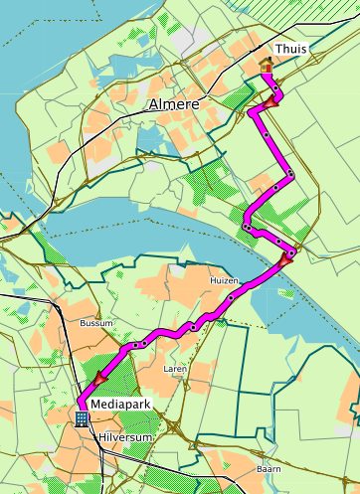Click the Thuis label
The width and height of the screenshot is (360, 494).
291,49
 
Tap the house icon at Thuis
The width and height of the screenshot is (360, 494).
266,66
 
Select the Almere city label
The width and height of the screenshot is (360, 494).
172,103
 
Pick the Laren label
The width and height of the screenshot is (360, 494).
174,368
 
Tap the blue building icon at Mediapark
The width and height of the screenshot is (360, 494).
82,418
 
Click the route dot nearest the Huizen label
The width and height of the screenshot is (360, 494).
231,297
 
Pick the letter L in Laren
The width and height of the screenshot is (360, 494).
165,368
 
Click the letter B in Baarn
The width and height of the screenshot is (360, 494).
259,467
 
